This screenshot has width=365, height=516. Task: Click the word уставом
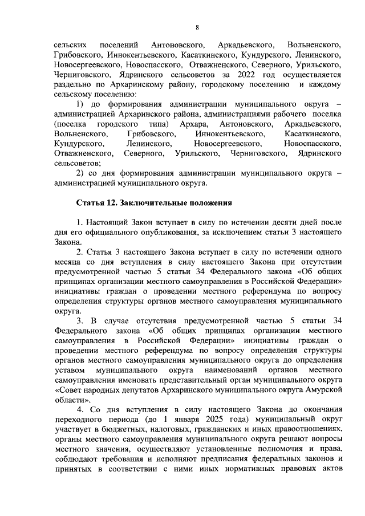point(69,372)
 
